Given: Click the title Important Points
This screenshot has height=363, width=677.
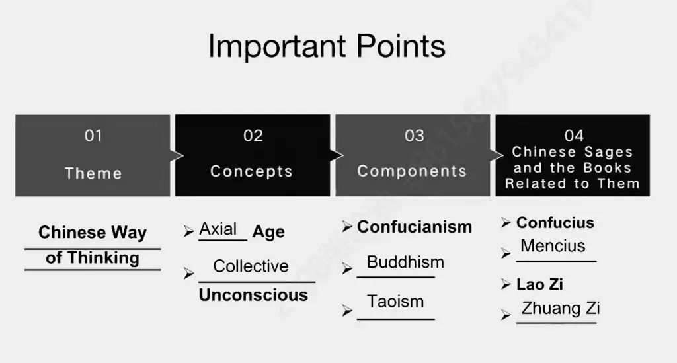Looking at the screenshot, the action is point(327,46).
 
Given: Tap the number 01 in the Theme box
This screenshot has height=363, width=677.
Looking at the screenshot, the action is point(93,136).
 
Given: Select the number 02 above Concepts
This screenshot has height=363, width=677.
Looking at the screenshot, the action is point(253,136).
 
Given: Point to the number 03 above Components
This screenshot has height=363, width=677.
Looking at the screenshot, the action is point(415,136).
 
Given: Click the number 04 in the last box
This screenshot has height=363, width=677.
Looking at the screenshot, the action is point(574,136).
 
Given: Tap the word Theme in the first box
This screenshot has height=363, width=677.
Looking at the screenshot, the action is point(93,173).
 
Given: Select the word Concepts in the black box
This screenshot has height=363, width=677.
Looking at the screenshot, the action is point(251,171).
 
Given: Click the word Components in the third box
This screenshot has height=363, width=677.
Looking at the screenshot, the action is point(412,171).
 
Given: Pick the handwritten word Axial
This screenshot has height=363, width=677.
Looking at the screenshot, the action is point(218,229).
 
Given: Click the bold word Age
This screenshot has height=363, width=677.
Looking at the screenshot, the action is point(268,232).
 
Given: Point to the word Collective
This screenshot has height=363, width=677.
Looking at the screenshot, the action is point(251,266).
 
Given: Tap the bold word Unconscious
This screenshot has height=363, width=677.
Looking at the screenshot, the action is point(253,295).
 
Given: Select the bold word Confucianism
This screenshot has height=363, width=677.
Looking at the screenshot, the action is point(415,227).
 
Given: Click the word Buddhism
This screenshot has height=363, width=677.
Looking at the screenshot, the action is point(405,262).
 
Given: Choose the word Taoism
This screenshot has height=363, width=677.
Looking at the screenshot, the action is point(395,302).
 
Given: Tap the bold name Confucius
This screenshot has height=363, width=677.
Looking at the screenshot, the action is point(555,223).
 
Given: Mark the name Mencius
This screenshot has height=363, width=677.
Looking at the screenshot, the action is point(553,245).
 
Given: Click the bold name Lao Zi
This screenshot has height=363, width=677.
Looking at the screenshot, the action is point(539,284).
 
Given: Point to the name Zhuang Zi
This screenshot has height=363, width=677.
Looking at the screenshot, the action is point(561,308).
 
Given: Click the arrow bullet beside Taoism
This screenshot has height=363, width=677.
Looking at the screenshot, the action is point(347,310).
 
